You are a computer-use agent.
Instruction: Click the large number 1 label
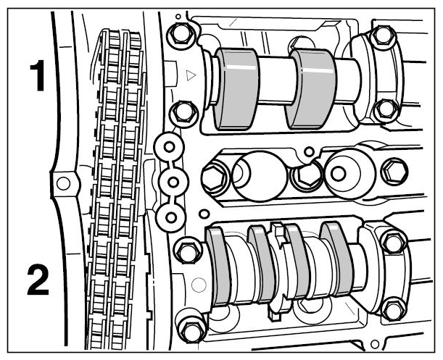(x=38, y=75)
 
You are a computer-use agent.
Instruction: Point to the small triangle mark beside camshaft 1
(x=191, y=75)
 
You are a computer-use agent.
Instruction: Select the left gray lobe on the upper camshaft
(x=236, y=89)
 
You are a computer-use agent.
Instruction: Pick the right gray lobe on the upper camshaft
(x=311, y=89)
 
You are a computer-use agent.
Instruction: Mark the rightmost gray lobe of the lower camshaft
(x=337, y=259)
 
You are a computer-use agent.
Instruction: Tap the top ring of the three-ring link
(x=169, y=147)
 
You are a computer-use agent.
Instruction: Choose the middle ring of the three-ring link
(x=173, y=182)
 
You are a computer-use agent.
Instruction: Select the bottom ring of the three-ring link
(x=171, y=217)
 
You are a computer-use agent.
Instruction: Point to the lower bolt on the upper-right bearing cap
(x=386, y=110)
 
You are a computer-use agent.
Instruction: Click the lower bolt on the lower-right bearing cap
(x=393, y=307)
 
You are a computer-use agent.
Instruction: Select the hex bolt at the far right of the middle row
(x=394, y=172)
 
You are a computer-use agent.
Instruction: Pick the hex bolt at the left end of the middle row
(x=215, y=177)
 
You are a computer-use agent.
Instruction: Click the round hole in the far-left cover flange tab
(x=63, y=183)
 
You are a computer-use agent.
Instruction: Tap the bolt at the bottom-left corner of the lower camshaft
(x=192, y=330)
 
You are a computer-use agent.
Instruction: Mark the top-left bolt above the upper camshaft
(x=180, y=33)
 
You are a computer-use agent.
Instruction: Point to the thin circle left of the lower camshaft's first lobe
(x=199, y=285)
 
